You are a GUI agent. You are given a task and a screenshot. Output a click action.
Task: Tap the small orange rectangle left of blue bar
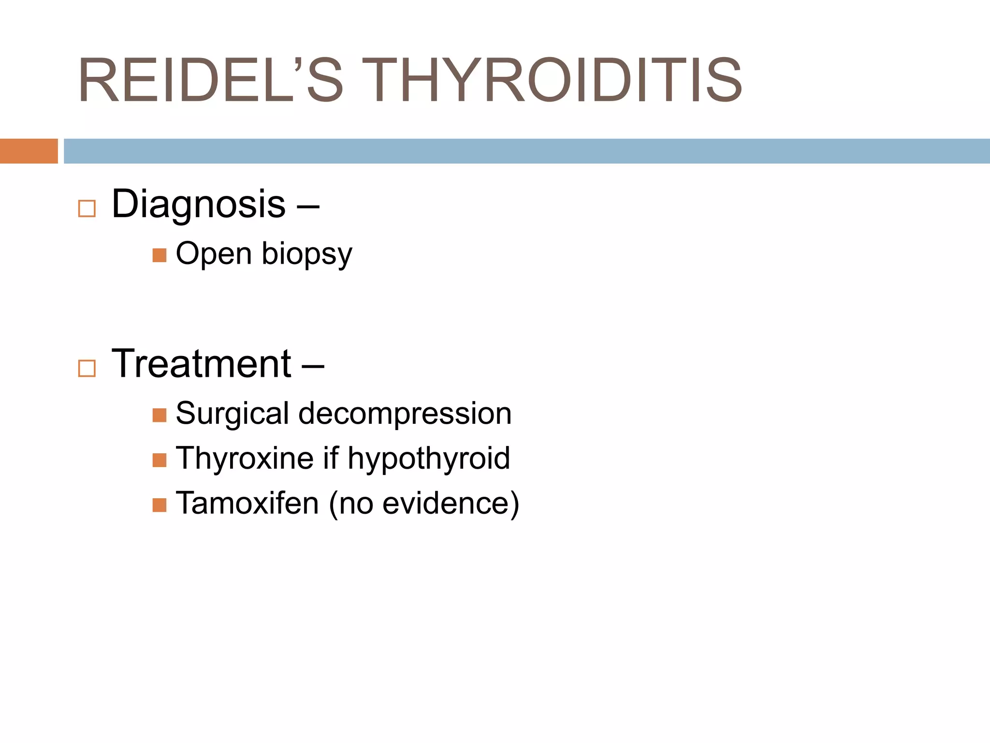coord(29,151)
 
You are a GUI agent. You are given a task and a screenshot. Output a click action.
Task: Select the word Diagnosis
coord(199,205)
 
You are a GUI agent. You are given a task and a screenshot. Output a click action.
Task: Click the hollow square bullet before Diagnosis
coord(87,208)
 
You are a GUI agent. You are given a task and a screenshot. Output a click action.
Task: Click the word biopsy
coord(307,254)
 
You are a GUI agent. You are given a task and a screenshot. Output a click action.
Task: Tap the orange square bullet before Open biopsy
coord(160,255)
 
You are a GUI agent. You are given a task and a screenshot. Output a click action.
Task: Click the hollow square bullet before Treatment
coord(87,368)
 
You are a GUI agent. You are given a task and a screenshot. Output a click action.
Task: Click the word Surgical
coord(233,414)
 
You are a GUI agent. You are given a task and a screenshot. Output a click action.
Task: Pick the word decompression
coord(405,414)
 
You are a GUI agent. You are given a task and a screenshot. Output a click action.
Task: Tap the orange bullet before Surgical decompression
coord(160,415)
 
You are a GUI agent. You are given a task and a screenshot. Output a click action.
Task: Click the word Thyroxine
coord(245,459)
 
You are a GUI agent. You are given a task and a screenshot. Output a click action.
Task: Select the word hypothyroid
coord(429,459)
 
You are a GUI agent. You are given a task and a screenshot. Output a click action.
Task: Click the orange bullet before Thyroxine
coord(160,460)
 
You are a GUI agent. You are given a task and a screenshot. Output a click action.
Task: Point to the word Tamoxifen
coord(247,503)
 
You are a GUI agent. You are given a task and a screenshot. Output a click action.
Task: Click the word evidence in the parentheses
coord(445,503)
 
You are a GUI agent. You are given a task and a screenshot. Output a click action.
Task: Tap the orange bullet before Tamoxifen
coord(160,505)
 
